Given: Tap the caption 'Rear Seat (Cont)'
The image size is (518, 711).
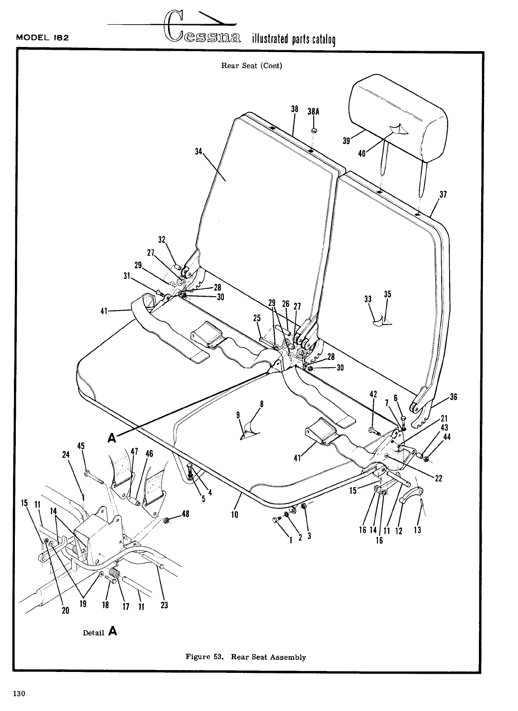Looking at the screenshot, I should click(251, 66).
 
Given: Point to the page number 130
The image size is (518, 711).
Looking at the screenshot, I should click(19, 694).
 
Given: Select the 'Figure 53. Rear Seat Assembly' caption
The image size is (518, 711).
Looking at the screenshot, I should click(246, 657).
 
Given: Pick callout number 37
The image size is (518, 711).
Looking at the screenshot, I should click(443, 195).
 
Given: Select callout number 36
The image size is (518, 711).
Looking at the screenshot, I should click(453, 397).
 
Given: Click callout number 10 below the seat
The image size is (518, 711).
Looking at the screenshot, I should click(235, 515).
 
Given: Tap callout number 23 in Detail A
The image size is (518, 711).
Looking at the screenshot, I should click(164, 605).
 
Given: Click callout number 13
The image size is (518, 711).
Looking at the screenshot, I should click(417, 529).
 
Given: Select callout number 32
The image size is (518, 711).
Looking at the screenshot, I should click(162, 240).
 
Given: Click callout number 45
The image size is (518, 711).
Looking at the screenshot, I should click(81, 445).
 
